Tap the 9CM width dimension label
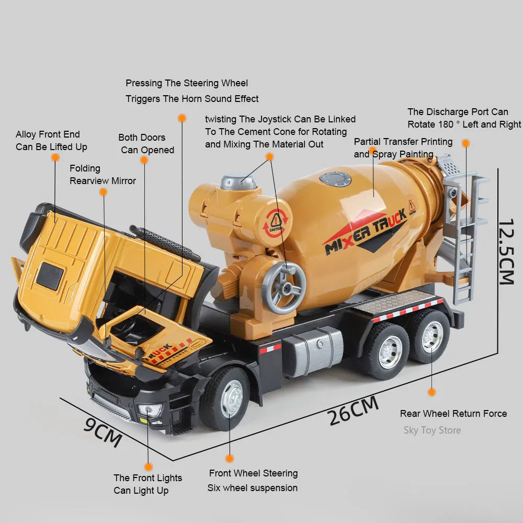coord(103,431)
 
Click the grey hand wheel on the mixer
coord(283,288)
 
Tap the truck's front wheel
coord(225,399)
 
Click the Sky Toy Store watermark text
coord(432,430)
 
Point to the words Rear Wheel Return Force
coord(453,414)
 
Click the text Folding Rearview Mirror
coord(103,175)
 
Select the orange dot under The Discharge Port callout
coord(465,143)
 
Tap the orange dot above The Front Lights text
coord(149,467)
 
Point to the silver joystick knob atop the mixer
coord(239,181)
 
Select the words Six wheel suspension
coord(253,488)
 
